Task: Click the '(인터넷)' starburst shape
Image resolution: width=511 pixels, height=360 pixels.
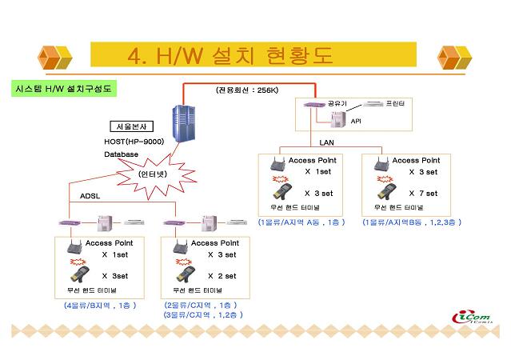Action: tap(155, 174)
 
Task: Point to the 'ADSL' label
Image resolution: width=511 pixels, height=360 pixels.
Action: tap(90, 195)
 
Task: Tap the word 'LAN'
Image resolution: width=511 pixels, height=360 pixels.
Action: tap(326, 142)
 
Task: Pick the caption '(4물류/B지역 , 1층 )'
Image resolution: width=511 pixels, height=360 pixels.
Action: tap(100, 305)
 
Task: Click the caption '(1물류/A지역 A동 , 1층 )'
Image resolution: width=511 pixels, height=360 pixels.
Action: tap(301, 222)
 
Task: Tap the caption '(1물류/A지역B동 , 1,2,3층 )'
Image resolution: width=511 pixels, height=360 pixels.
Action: tap(411, 222)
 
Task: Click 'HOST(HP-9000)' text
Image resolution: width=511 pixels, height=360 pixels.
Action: tap(130, 142)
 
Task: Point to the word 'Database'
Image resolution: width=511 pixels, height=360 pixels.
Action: tap(121, 154)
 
